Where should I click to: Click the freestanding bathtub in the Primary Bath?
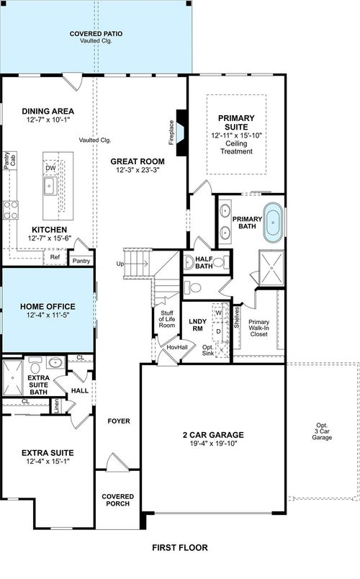pos(273,223)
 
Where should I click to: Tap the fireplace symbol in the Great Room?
pos(181,133)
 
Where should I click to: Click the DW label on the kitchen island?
pos(50,168)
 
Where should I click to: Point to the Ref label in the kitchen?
pos(55,256)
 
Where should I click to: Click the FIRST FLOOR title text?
pos(180,547)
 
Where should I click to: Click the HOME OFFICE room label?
pos(47,307)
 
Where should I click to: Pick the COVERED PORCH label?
pos(117,499)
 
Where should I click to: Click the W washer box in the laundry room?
pos(218,313)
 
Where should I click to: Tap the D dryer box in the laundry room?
pos(218,331)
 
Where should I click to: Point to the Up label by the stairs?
pos(119,264)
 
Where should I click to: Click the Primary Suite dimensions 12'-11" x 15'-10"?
pos(237,135)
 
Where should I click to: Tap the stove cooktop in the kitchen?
pos(10,210)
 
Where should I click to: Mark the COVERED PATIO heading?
pos(96,33)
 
